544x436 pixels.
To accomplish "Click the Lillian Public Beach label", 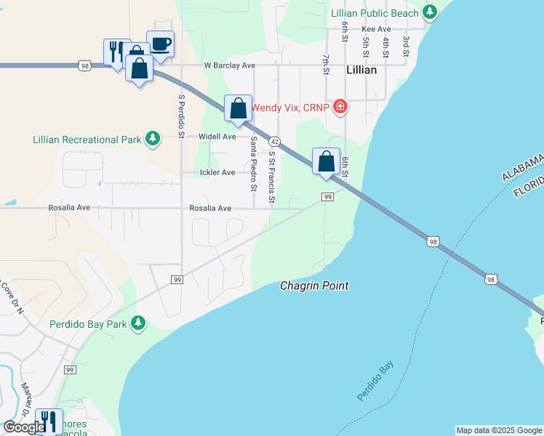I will pyautogui.click(x=375, y=13).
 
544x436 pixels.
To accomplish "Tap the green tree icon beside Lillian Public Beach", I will pyautogui.click(x=430, y=12).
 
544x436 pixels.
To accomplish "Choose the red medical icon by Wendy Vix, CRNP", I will pyautogui.click(x=340, y=108).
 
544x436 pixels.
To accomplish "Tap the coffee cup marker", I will pyautogui.click(x=160, y=44).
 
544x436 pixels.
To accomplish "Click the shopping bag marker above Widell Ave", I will pyautogui.click(x=238, y=109).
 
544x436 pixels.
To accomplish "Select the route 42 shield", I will pyautogui.click(x=274, y=141).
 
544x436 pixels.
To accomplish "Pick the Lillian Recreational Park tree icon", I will pyautogui.click(x=152, y=138).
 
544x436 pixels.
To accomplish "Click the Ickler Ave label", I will pyautogui.click(x=217, y=172).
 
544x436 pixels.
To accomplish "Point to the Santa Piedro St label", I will pyautogui.click(x=254, y=164).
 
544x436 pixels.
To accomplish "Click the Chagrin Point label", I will pyautogui.click(x=314, y=286).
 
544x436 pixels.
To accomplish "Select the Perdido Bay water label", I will pyautogui.click(x=375, y=381).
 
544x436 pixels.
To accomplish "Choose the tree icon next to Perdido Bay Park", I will pyautogui.click(x=138, y=323).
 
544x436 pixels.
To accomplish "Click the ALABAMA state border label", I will pyautogui.click(x=521, y=166).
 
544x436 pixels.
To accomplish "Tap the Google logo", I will pyautogui.click(x=23, y=428).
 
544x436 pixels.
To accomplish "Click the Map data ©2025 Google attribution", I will pyautogui.click(x=499, y=430).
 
